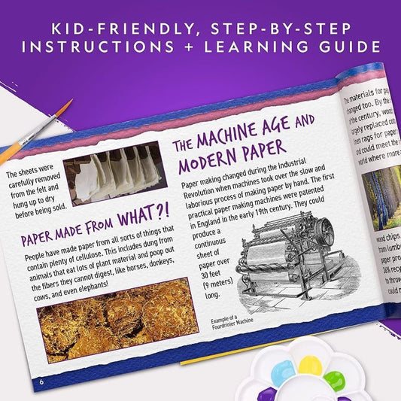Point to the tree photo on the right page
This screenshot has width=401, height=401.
click(382, 199)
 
